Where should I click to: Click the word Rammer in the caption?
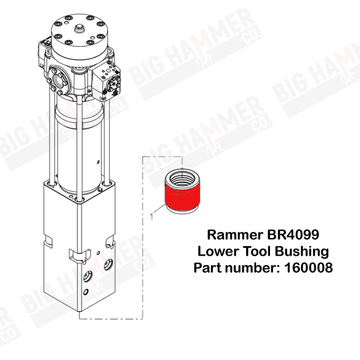point(235,235)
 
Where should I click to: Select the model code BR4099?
point(293,235)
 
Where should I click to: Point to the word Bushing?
point(302,251)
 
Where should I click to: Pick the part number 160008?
point(308,268)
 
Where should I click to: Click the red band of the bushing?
point(182,197)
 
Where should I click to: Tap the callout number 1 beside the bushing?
point(151,217)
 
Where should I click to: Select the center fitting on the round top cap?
point(80,29)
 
